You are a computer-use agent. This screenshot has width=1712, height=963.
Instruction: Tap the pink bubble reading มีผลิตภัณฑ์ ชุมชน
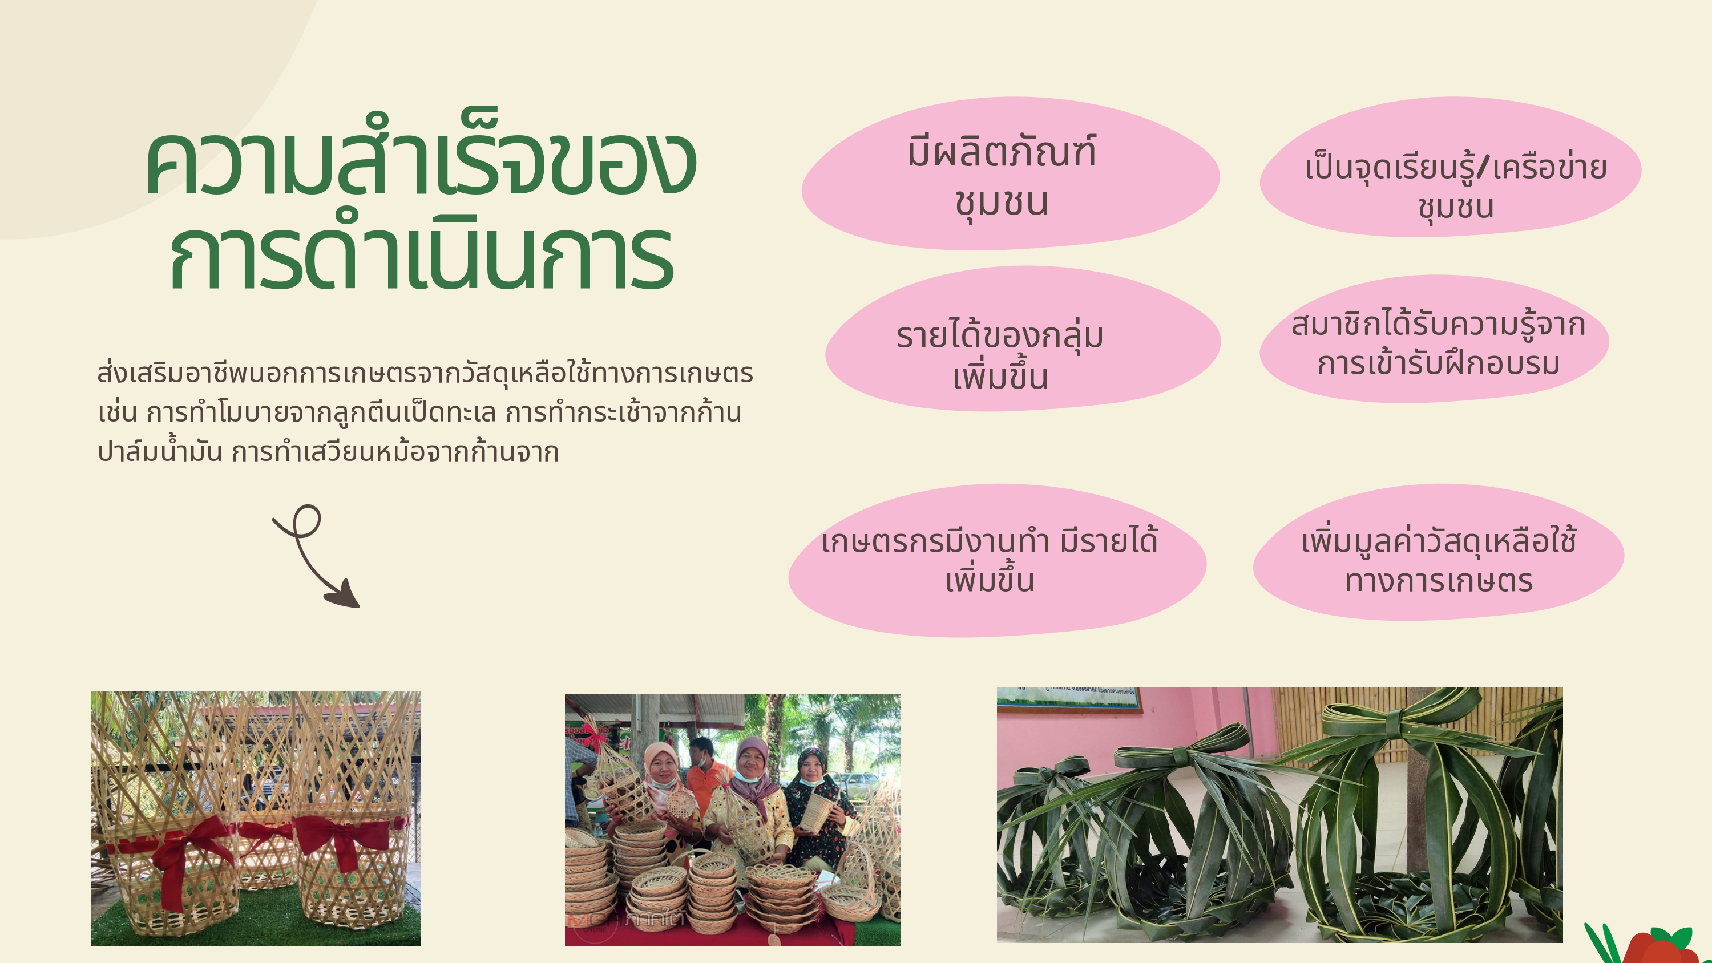pos(1010,174)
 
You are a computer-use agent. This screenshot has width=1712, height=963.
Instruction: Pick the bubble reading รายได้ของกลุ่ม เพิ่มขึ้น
pos(1022,339)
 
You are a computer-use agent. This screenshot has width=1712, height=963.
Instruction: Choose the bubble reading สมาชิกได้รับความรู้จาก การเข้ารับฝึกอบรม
pos(1434,339)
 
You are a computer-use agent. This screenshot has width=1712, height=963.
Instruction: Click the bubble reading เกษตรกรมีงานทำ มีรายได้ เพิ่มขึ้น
pos(996,561)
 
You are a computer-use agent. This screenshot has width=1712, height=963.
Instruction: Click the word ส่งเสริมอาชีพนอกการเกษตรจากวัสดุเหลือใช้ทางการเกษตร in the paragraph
pos(425,373)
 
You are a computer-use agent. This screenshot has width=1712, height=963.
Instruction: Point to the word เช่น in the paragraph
pos(117,412)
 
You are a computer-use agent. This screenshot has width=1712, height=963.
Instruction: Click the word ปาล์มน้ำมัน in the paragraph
pos(160,451)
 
